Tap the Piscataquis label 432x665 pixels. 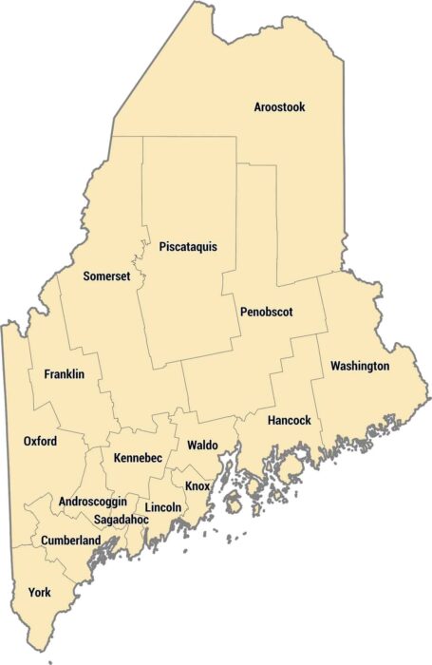click(188, 247)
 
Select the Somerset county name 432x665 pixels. click(106, 276)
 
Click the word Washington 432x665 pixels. click(360, 366)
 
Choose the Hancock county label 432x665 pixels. click(290, 420)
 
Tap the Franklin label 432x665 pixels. click(65, 374)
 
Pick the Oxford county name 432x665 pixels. click(40, 442)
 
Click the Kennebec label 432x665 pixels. click(138, 458)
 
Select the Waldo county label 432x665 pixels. click(202, 445)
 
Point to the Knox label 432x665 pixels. click(197, 485)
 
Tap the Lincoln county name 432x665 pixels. click(163, 507)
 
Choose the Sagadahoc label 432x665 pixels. click(121, 520)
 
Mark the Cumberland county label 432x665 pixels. click(70, 541)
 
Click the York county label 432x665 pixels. click(39, 592)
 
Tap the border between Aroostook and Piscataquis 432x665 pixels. click(190, 137)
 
